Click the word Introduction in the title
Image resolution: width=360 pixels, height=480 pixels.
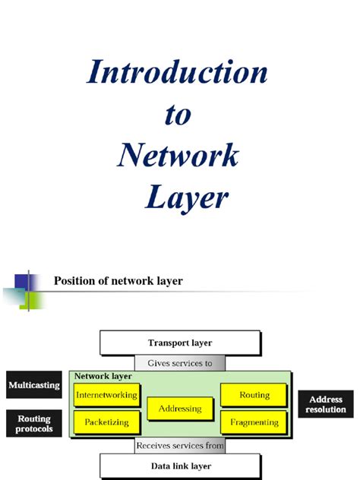pos(177,73)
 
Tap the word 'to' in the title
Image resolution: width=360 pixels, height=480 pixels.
pos(178,115)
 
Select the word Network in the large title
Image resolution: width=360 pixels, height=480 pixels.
pos(178,156)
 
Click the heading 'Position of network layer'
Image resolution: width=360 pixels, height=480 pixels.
pos(118,281)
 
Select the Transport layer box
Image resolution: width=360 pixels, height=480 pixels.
pos(180,343)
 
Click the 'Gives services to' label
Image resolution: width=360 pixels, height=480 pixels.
pos(180,363)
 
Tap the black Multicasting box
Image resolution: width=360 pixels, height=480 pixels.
pos(33,386)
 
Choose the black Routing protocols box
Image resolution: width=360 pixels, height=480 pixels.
pos(33,425)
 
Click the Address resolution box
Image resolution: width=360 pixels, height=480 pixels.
pos(326,404)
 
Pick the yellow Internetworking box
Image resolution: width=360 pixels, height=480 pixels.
pos(106,396)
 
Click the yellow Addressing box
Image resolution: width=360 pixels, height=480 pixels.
pos(180,409)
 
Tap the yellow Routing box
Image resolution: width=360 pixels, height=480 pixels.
pos(254,396)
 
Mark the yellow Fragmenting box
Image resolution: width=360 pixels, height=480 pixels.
pos(254,422)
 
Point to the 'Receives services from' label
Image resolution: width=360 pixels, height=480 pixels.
pos(180,446)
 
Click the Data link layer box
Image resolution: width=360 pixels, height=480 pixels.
pos(180,466)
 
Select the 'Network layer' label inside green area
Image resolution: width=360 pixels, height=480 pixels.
pos(103,376)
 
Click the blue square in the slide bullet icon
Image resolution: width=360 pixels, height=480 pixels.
pos(21,281)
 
